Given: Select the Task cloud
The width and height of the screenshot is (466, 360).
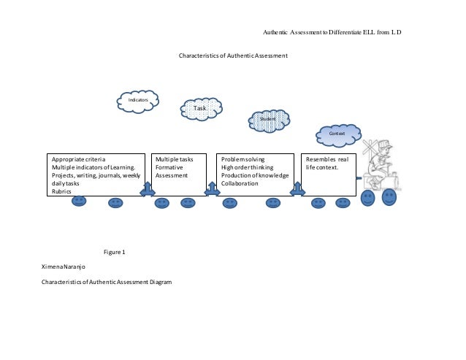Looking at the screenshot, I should click(200, 109).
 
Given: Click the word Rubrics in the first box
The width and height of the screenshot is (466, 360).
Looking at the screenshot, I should click(61, 191).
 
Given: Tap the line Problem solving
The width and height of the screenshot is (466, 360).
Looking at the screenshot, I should click(243, 159).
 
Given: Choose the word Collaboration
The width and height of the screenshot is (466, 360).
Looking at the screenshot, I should click(240, 183).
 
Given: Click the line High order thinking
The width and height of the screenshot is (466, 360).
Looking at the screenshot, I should click(248, 167).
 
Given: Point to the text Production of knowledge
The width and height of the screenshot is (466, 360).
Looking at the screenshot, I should click(256, 175).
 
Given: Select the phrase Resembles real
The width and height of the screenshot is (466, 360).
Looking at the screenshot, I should click(327, 159).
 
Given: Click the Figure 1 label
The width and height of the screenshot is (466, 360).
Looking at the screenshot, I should click(115, 252).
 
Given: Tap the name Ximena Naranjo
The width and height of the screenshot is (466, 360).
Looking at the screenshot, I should click(64, 267).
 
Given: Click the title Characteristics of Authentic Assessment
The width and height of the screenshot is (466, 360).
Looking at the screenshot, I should click(233, 56).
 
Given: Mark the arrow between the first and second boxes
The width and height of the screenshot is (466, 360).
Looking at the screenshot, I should click(147, 188).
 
